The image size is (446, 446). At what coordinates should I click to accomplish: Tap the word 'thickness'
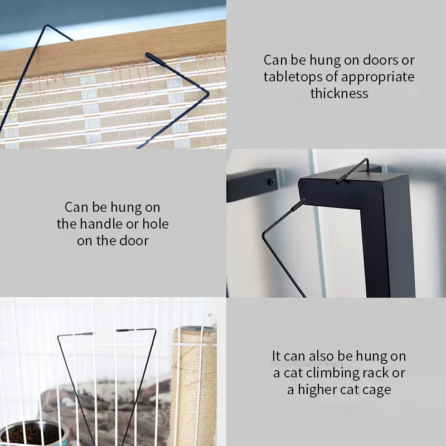pyautogui.click(x=339, y=93)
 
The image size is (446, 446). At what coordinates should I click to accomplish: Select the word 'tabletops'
pyautogui.click(x=290, y=76)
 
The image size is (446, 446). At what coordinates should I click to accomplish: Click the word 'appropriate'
pyautogui.click(x=377, y=76)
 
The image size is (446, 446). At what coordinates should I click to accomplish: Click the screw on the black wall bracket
pyautogui.click(x=271, y=182)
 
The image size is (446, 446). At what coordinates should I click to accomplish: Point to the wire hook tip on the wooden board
pyautogui.click(x=150, y=55)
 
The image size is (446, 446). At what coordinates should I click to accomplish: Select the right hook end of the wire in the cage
pyautogui.click(x=125, y=330)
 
